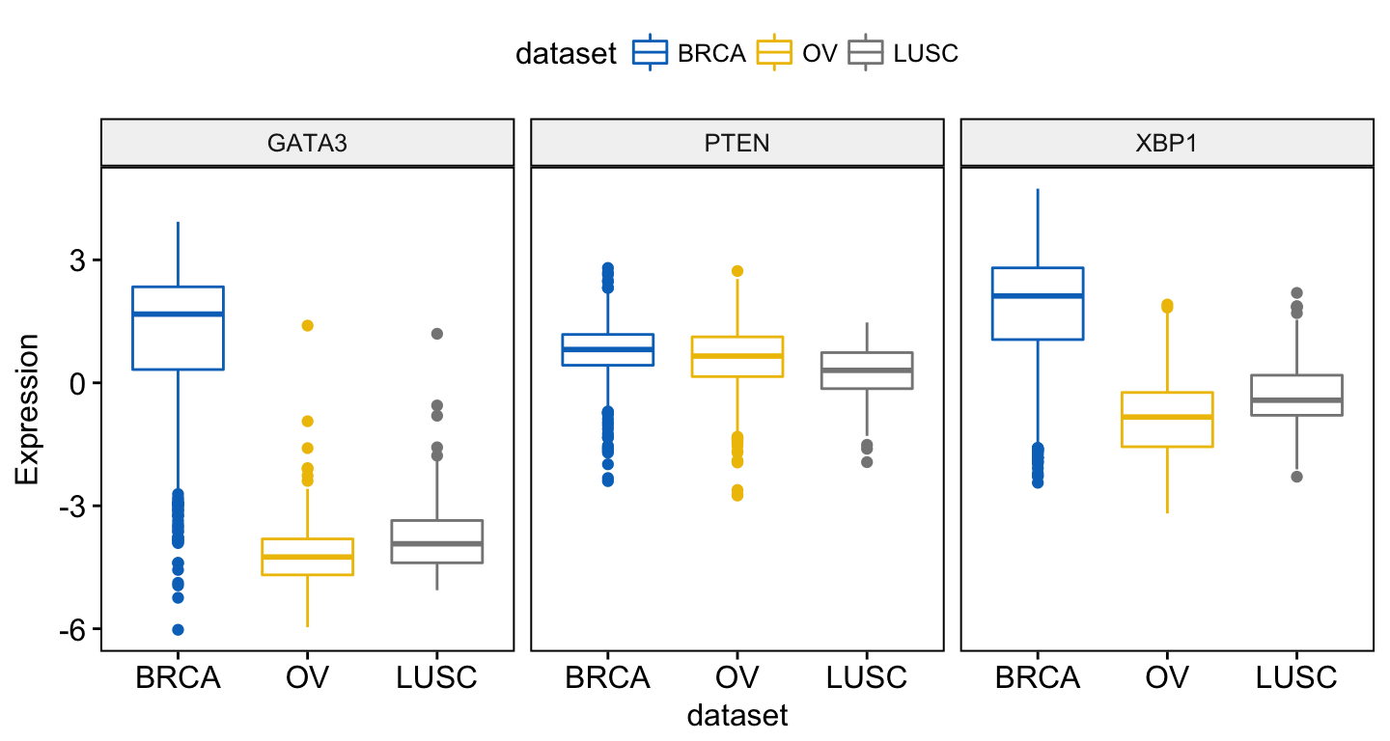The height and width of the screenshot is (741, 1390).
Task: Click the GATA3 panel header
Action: click(x=307, y=143)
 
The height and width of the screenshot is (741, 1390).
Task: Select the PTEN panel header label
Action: click(x=737, y=143)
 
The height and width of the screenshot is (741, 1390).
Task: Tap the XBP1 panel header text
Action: click(x=1166, y=143)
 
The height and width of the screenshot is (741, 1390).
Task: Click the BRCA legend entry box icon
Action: click(x=650, y=52)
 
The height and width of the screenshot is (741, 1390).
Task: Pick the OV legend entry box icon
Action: click(x=774, y=52)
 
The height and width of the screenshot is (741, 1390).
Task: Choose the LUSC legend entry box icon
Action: click(x=865, y=52)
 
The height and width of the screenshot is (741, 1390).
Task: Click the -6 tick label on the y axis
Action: click(x=72, y=631)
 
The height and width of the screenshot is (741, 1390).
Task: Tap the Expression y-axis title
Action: click(x=27, y=409)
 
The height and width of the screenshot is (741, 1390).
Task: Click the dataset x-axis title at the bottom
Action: click(x=737, y=715)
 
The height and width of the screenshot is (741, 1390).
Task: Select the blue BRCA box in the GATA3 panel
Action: click(x=178, y=328)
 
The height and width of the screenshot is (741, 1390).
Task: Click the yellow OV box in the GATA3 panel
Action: click(x=308, y=557)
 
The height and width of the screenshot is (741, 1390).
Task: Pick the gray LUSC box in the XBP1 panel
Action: click(x=1297, y=395)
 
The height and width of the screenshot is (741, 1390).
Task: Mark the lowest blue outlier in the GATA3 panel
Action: click(x=178, y=630)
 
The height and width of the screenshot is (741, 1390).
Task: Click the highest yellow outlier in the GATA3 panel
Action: click(x=308, y=325)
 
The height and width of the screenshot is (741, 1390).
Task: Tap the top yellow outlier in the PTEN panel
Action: click(x=737, y=271)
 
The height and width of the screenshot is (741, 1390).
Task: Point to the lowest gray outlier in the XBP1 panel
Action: click(x=1297, y=477)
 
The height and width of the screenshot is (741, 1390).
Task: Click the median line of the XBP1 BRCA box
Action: click(x=1038, y=296)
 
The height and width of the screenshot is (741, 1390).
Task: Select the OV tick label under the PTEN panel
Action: click(x=737, y=677)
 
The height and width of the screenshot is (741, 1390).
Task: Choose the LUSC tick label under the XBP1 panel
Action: click(x=1297, y=677)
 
